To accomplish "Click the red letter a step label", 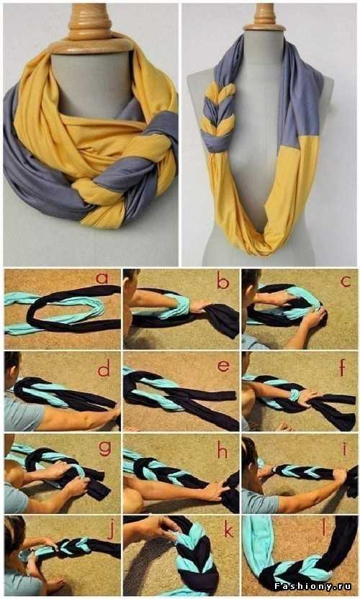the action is [102, 278].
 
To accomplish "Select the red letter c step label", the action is [346, 282].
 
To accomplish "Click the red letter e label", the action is [223, 366].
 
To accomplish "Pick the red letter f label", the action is [342, 367].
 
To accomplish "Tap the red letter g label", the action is [104, 448].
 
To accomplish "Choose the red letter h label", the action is [222, 450].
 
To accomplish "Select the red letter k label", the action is [228, 531].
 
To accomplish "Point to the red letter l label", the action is [324, 528].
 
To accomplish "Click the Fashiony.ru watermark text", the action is [312, 586].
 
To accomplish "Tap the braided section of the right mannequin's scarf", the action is [220, 114].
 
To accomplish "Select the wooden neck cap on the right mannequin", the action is [264, 18].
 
